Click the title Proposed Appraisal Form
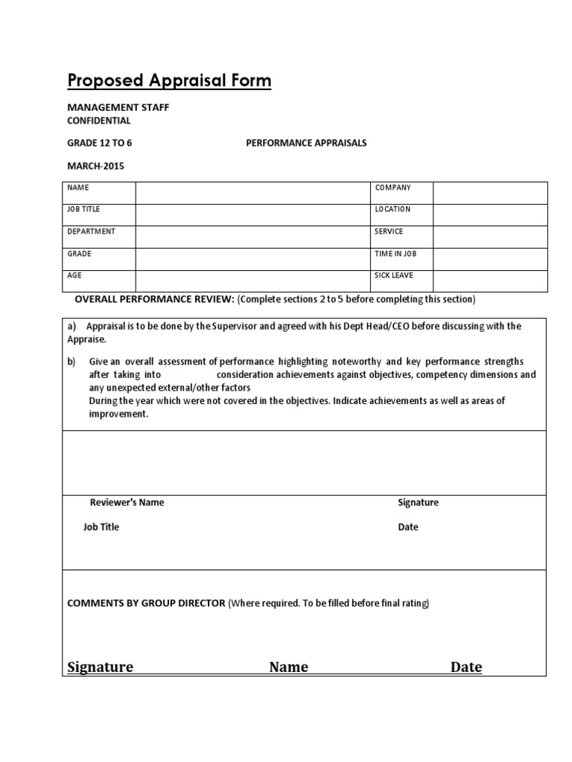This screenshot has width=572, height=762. pos(169,80)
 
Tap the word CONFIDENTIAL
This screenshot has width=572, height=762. pos(99,121)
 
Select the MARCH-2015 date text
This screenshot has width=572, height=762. pos(96,166)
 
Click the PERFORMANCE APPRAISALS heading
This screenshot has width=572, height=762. pos(306,143)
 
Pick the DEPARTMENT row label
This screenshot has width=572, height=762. pos(92,231)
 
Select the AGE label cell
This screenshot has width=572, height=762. pos(74,275)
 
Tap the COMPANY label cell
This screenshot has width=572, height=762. pos(393,188)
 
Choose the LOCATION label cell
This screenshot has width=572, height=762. pos(393,210)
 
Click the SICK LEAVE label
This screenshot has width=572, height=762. pos(394,275)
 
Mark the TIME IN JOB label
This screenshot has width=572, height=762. pos(395,254)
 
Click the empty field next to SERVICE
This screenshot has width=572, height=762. pos(489,237)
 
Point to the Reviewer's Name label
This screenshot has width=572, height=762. pos(127,502)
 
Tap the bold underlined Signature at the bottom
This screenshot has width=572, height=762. pos(101,667)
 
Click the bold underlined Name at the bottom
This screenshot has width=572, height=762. pos(288,667)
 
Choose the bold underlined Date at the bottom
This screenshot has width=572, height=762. pos(465,667)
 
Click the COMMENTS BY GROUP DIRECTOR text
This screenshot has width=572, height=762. pos(146,603)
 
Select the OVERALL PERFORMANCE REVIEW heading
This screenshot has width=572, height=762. pos(155,299)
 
